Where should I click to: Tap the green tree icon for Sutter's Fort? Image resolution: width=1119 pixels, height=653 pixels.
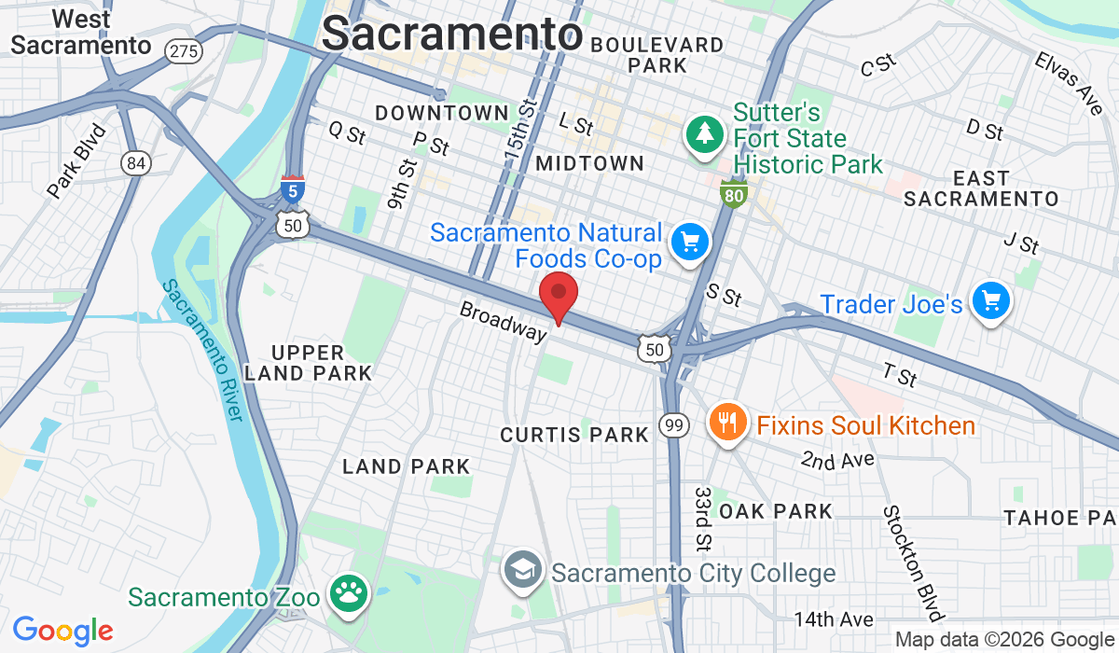[x=706, y=134]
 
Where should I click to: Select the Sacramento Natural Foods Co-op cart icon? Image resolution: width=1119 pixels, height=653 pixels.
[x=690, y=243]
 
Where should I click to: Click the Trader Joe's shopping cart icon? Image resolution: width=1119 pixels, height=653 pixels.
[x=990, y=301]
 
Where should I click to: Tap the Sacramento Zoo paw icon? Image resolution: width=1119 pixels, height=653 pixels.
[x=349, y=594]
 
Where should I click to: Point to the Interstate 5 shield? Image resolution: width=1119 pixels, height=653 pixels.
[x=293, y=190]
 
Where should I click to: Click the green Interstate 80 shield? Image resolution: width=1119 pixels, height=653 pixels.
[x=733, y=194]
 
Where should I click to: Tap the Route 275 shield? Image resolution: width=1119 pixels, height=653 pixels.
[x=183, y=50]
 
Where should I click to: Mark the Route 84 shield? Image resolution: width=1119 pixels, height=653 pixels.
[x=136, y=163]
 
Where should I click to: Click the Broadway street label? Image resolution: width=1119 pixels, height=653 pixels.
[x=503, y=320]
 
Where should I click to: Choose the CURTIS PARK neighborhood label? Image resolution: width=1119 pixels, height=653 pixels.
[x=574, y=435]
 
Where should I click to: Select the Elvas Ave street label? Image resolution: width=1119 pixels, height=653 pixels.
[x=1069, y=82]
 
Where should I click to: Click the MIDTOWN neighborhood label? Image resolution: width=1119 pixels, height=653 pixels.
[x=590, y=163]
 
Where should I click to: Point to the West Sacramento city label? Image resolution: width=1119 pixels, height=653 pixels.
[x=80, y=32]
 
